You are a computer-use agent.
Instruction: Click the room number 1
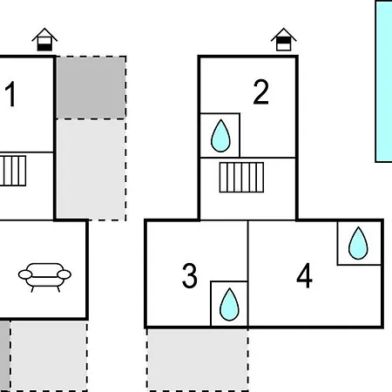[10, 94]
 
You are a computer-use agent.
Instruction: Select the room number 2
[260, 91]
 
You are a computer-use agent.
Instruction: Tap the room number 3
[190, 275]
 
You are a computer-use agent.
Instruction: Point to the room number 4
[304, 275]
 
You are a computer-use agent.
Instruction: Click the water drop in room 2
[220, 136]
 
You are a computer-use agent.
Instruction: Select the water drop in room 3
[229, 304]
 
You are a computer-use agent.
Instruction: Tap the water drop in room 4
[358, 243]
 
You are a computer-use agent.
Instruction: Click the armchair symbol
[44, 277]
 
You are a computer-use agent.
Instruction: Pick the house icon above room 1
[44, 39]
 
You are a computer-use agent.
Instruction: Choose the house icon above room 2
[284, 39]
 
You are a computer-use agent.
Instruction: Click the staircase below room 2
[241, 177]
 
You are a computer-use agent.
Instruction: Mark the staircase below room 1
[13, 171]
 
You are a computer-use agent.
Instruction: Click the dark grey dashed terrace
[91, 87]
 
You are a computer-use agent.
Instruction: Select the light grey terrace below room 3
[198, 360]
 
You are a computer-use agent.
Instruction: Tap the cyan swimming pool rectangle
[383, 81]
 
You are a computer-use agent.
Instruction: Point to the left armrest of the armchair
[25, 274]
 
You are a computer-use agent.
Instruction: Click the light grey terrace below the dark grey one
[91, 170]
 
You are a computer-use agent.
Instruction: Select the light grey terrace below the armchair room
[49, 355]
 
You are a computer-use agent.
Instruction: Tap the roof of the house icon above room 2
[284, 34]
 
